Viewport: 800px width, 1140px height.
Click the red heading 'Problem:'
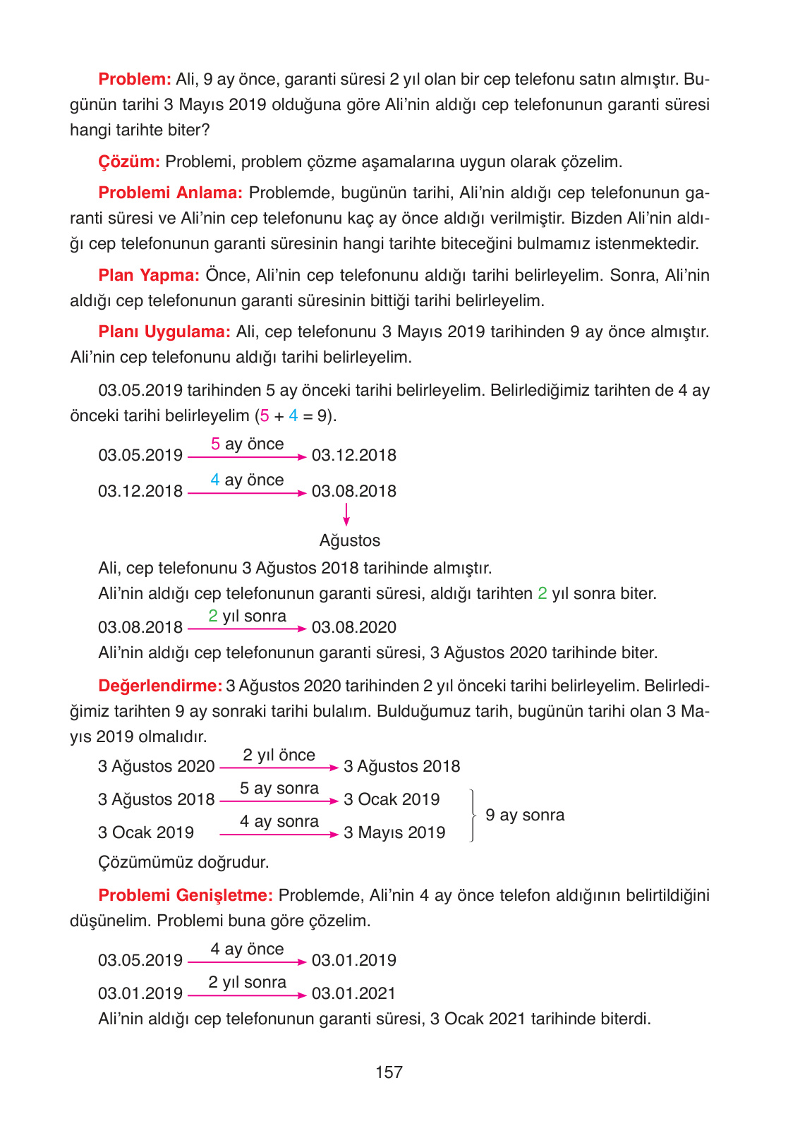(x=135, y=79)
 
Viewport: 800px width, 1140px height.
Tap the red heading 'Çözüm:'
(x=129, y=162)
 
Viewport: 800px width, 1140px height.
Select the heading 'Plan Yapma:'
(x=149, y=275)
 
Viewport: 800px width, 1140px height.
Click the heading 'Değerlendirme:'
(x=160, y=686)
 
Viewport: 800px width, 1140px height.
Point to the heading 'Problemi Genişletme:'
(x=186, y=895)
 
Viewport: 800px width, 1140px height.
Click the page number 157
(x=389, y=1072)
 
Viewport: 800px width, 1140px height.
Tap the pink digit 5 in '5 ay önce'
(x=215, y=444)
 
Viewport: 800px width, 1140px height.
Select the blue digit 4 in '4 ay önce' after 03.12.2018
(x=215, y=480)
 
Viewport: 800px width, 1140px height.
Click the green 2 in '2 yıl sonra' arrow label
(x=213, y=617)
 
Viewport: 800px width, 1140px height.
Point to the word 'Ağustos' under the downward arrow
(x=349, y=541)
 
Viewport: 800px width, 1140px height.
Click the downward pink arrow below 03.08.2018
(x=346, y=514)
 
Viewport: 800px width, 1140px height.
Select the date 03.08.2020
(x=354, y=628)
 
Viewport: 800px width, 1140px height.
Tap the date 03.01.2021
(x=354, y=994)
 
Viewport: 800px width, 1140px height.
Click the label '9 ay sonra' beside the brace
(x=525, y=815)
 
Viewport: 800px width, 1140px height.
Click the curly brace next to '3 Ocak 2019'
(x=471, y=815)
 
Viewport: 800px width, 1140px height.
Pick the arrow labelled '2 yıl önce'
(x=279, y=768)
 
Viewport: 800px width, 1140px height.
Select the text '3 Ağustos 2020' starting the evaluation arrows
(x=156, y=767)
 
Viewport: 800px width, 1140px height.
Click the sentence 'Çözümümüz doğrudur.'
(x=183, y=862)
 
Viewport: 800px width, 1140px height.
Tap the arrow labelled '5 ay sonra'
(x=279, y=801)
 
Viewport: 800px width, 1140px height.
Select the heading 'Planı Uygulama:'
(x=164, y=332)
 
